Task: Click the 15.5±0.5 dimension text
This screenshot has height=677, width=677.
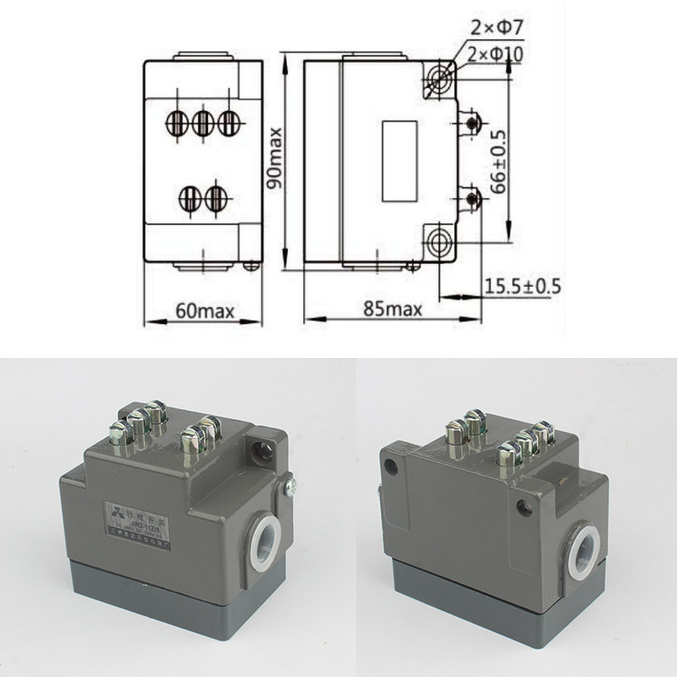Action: click(x=523, y=285)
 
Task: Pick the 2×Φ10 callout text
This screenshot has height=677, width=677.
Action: click(x=497, y=54)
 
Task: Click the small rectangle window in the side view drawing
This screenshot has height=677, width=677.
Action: click(x=399, y=160)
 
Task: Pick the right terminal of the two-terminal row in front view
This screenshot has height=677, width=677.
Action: click(x=217, y=198)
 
